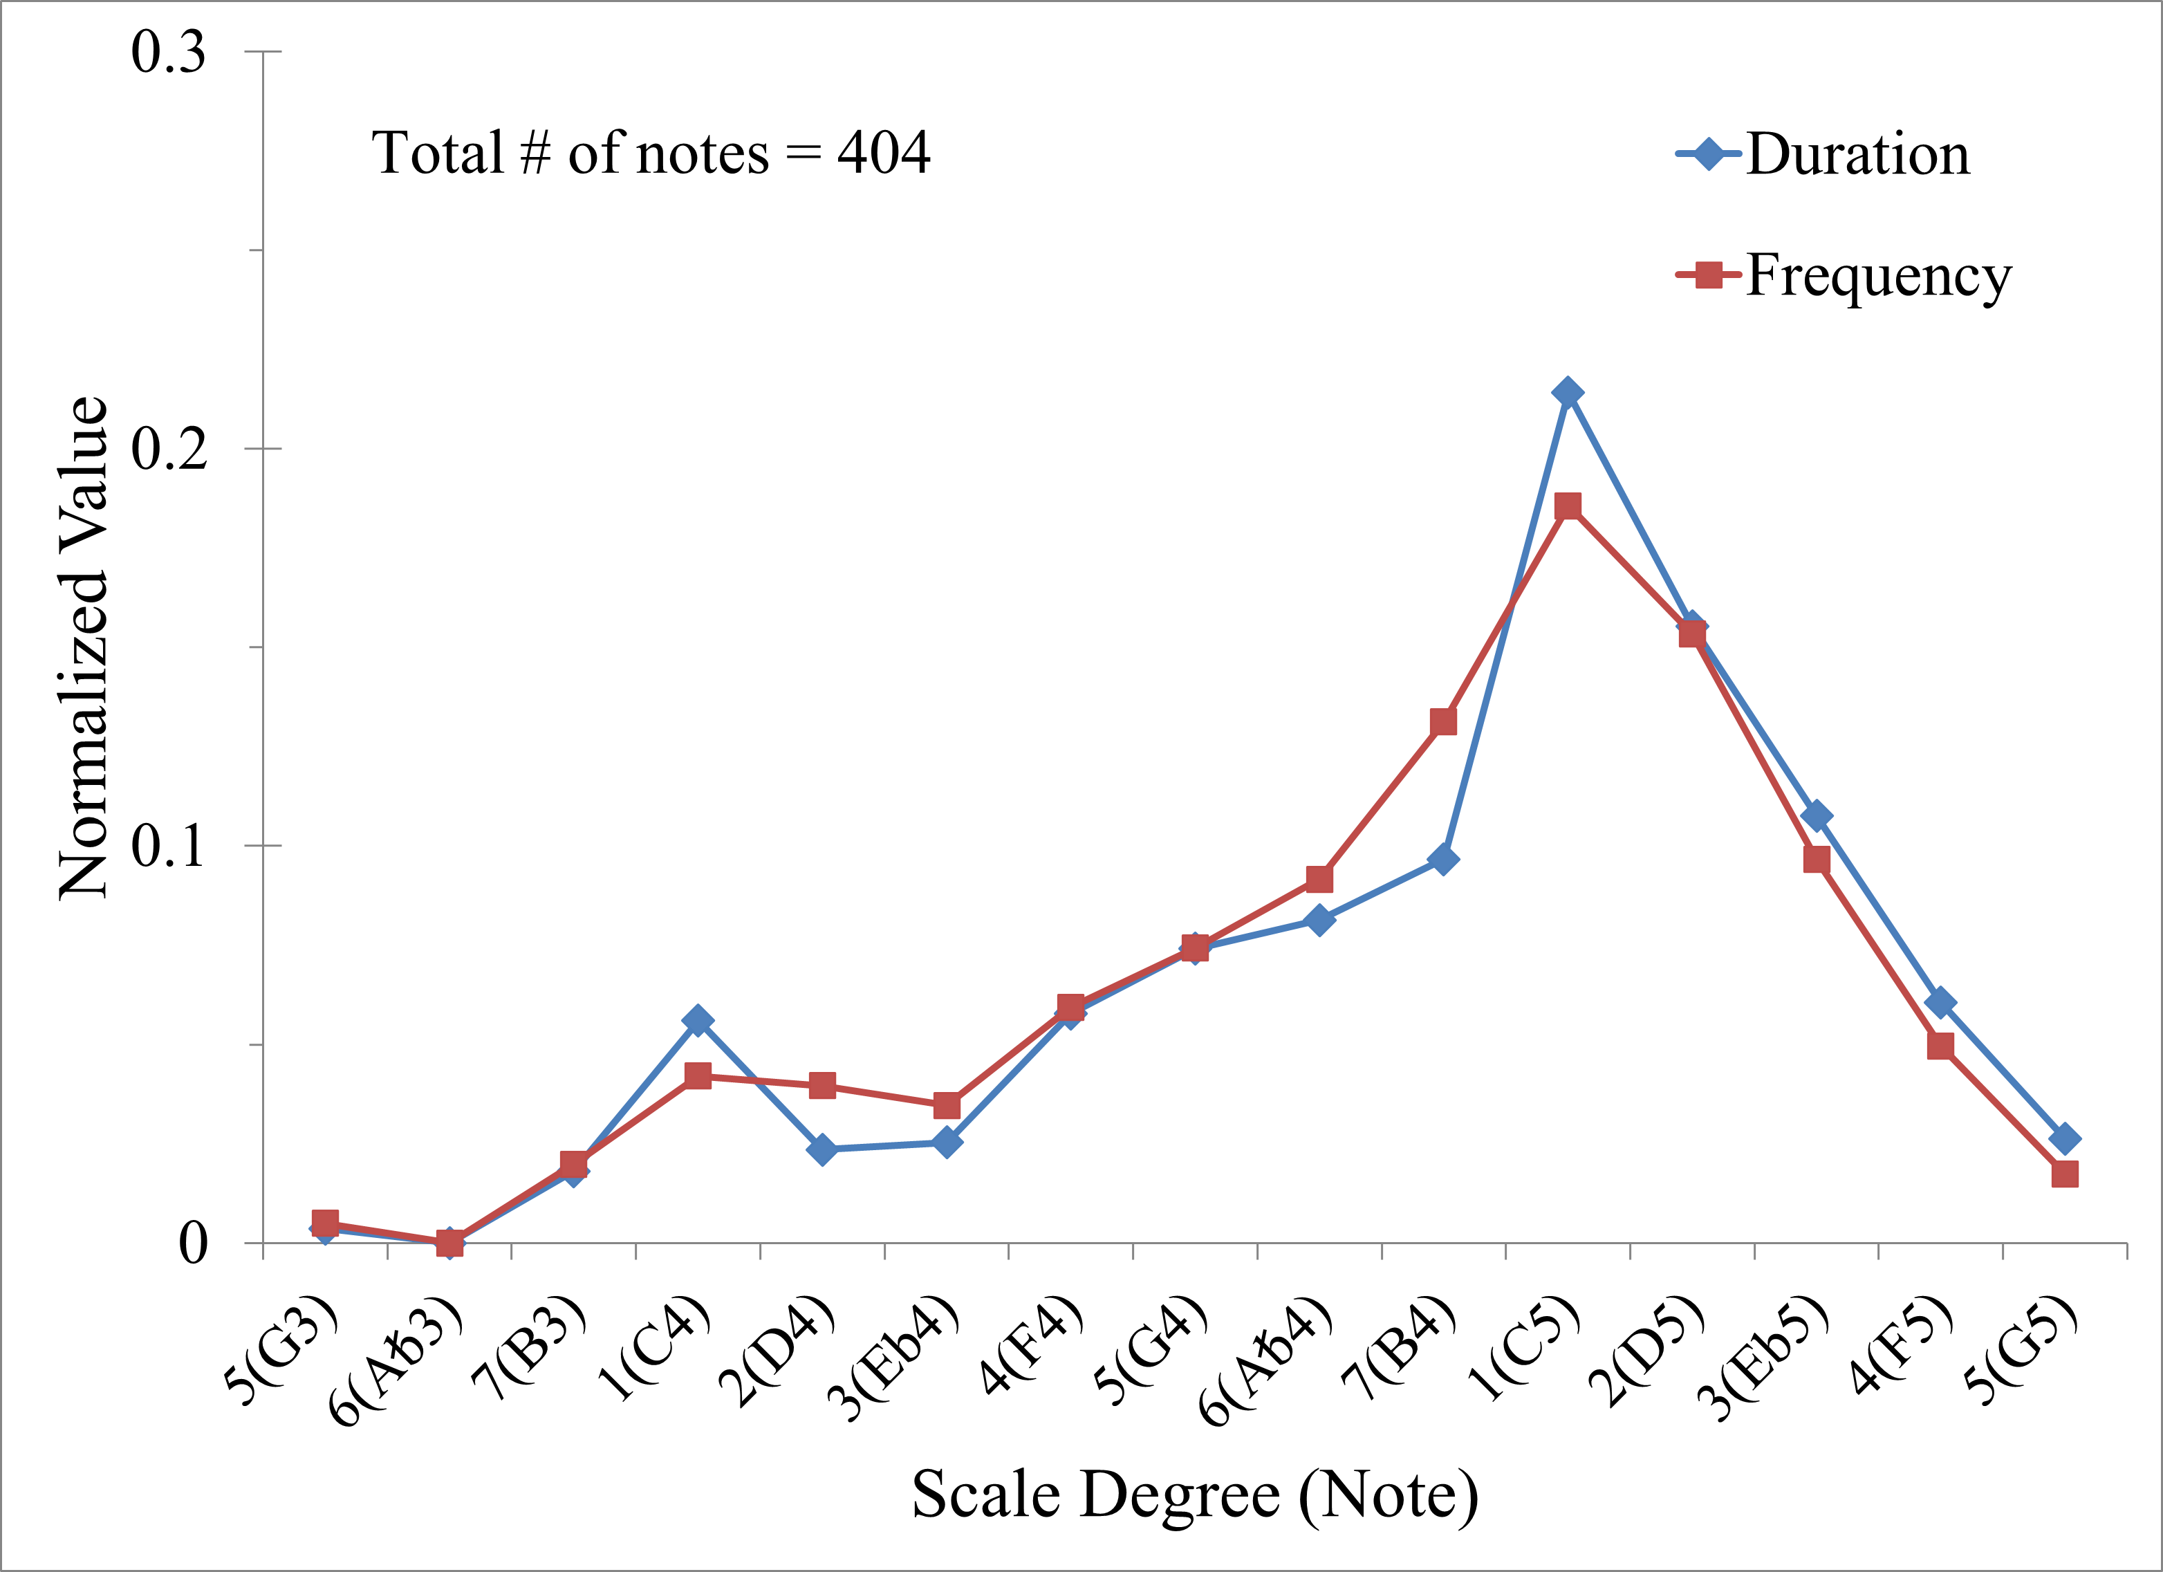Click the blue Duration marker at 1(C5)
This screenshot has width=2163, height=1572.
coord(1567,392)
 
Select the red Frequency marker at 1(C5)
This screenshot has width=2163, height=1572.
coord(1567,506)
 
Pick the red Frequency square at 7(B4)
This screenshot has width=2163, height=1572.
coord(1443,721)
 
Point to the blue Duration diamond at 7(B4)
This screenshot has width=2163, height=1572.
coord(1443,860)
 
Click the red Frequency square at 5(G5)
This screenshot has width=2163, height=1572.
coord(2064,1173)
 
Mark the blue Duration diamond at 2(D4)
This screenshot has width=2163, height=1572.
coord(822,1149)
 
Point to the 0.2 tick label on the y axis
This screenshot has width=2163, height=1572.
coord(169,448)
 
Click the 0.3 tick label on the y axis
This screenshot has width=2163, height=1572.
coord(169,51)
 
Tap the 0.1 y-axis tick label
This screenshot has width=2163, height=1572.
coord(169,846)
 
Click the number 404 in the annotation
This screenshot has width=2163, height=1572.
coord(883,154)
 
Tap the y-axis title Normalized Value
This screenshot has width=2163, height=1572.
coord(84,648)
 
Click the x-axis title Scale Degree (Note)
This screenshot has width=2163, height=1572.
coord(1194,1495)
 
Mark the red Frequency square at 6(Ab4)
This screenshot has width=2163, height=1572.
coord(1319,878)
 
